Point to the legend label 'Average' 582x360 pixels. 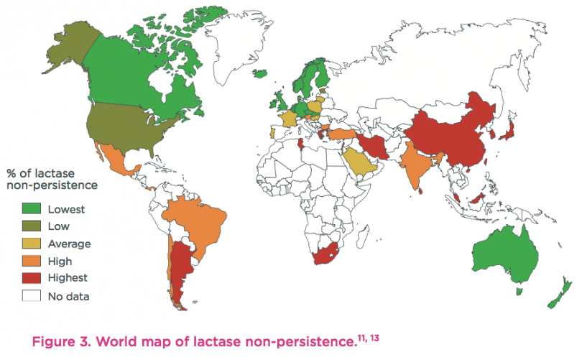pos(69,244)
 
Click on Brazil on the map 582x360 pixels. pos(190,218)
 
